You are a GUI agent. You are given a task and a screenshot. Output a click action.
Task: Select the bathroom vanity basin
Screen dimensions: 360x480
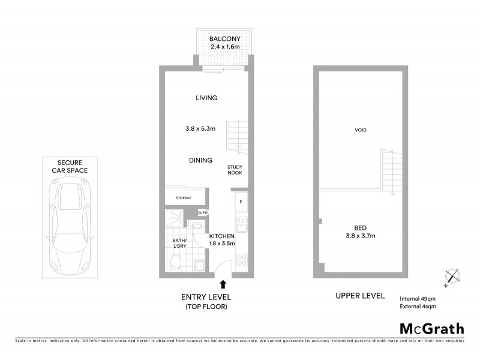(x=195, y=225)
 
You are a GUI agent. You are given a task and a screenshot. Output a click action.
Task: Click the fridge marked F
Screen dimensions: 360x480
(x=241, y=201)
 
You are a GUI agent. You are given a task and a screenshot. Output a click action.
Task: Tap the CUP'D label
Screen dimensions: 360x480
(x=203, y=212)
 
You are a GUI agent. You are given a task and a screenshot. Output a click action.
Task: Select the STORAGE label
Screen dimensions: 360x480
(x=183, y=198)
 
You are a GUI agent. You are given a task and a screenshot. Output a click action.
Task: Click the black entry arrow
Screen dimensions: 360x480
(x=223, y=284)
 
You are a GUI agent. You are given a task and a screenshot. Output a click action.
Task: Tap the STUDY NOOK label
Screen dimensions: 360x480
(x=235, y=170)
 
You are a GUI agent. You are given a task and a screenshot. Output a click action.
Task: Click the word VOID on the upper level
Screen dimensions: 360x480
(x=361, y=130)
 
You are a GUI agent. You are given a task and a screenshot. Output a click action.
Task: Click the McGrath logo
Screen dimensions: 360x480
(x=431, y=328)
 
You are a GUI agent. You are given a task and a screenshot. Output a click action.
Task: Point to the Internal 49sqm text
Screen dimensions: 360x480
(x=418, y=298)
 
